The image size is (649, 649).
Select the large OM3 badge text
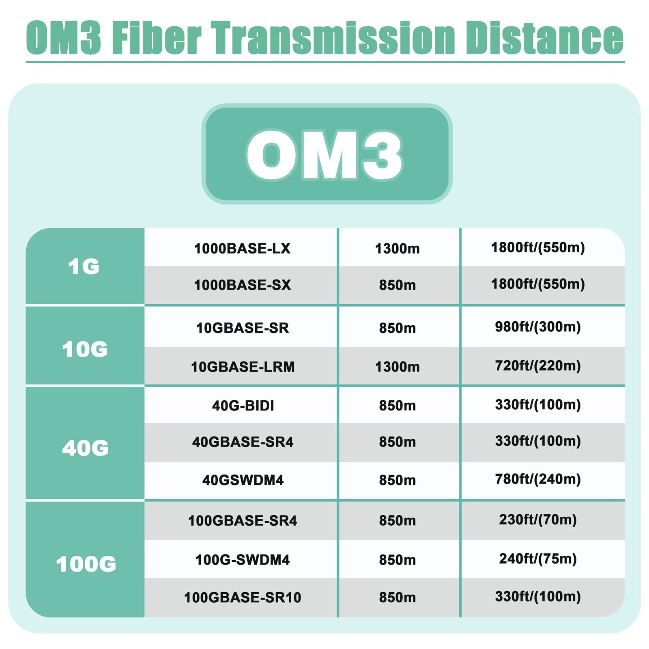324,155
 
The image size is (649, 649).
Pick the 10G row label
85,349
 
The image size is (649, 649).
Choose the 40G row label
85,448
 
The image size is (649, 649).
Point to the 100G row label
86,564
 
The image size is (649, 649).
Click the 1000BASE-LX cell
242,248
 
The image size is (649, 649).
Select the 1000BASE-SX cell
242,285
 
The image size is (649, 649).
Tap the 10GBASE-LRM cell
243,367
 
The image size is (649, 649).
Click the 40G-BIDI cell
243,405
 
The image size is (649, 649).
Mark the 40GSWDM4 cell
243,480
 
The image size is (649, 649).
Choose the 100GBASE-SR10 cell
243,597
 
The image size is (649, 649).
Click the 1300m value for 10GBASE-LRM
398,367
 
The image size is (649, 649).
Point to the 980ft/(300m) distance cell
538,327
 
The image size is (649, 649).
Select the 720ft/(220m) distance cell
538,366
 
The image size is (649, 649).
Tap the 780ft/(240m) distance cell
538,479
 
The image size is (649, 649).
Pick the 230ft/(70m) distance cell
538,520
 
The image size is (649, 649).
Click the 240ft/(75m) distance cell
538,559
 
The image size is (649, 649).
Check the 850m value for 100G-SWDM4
398,560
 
